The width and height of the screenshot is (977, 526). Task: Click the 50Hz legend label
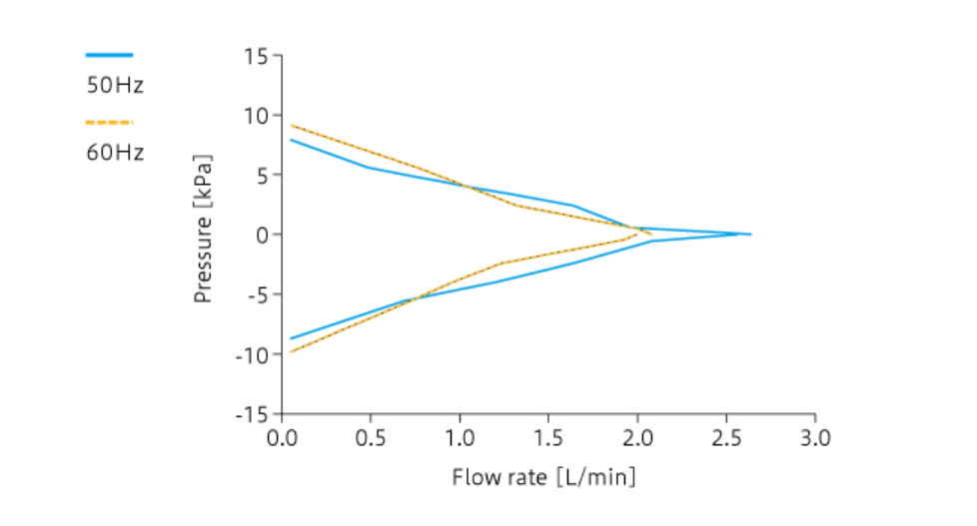pyautogui.click(x=115, y=85)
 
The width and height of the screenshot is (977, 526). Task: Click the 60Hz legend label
pyautogui.click(x=115, y=153)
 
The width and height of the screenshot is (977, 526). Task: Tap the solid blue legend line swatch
pyautogui.click(x=109, y=56)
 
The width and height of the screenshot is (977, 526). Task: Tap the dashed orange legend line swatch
pyautogui.click(x=109, y=123)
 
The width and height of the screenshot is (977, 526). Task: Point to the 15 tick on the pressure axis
pyautogui.click(x=256, y=56)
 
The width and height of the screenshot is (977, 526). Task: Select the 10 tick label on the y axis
pyautogui.click(x=256, y=116)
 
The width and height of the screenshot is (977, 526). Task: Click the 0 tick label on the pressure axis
pyautogui.click(x=263, y=235)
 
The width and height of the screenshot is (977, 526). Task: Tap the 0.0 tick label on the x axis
pyautogui.click(x=283, y=437)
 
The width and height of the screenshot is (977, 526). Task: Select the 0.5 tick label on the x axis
pyautogui.click(x=372, y=437)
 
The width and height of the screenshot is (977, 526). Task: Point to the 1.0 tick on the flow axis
pyautogui.click(x=460, y=437)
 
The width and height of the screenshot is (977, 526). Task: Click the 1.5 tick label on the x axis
pyautogui.click(x=548, y=437)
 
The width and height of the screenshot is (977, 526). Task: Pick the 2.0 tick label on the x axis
pyautogui.click(x=637, y=437)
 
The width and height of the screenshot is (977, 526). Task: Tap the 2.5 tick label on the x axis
pyautogui.click(x=726, y=437)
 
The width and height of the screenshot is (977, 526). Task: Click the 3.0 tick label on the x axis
pyautogui.click(x=815, y=437)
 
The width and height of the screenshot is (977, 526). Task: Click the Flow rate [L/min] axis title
pyautogui.click(x=543, y=476)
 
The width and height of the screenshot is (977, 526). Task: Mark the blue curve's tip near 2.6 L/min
pyautogui.click(x=749, y=235)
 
